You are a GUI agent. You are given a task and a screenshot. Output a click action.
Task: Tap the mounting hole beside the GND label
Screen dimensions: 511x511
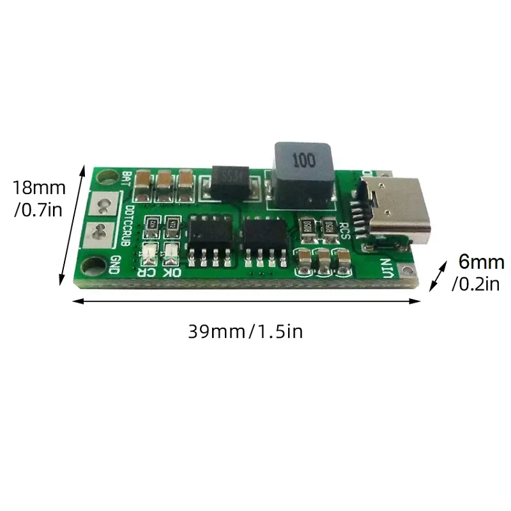(98, 263)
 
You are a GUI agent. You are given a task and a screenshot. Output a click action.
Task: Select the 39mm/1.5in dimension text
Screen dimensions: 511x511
(245, 332)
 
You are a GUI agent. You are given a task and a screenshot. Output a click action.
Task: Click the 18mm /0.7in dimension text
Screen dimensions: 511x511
(38, 198)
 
